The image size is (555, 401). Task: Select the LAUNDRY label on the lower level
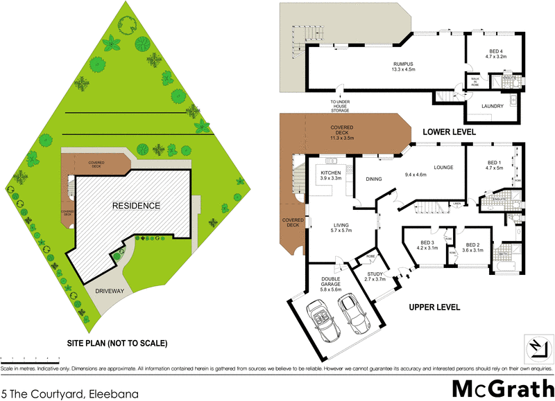tap(493, 105)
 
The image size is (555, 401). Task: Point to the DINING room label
tap(374, 179)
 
